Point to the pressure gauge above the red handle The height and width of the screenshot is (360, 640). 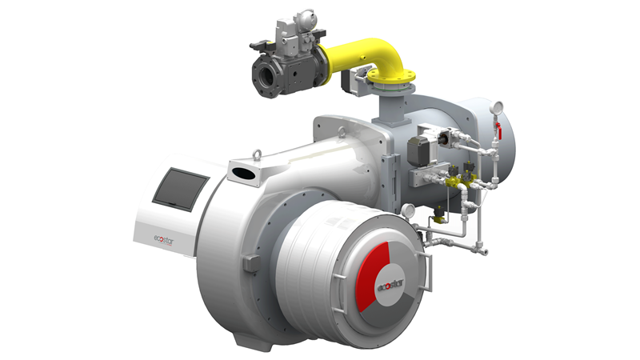[498, 106]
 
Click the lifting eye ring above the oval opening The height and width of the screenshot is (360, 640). [256, 153]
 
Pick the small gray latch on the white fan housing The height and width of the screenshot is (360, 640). [249, 262]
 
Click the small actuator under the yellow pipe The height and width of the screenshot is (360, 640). [350, 80]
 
